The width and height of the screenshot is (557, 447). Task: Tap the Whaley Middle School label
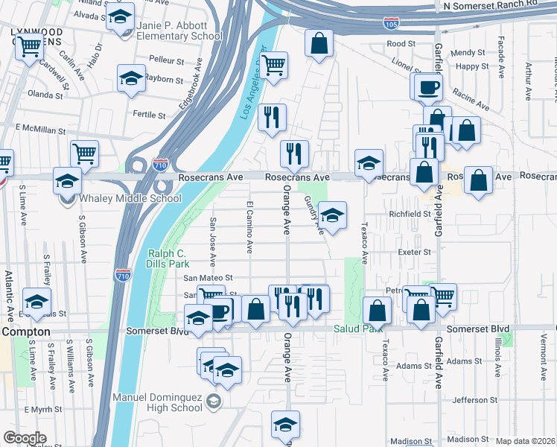pyautogui.click(x=130, y=198)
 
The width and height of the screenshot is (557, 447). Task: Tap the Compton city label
pyautogui.click(x=25, y=331)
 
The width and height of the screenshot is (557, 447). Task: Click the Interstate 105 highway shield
pyautogui.click(x=391, y=24)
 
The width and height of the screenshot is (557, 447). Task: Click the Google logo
pyautogui.click(x=25, y=437)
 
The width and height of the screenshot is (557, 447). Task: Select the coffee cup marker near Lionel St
pyautogui.click(x=428, y=87)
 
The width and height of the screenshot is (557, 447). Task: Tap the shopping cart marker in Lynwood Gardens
pyautogui.click(x=29, y=47)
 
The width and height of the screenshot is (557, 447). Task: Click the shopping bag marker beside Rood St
pyautogui.click(x=319, y=42)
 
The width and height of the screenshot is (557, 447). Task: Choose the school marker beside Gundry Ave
pyautogui.click(x=332, y=215)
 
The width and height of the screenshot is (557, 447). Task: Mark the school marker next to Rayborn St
pyautogui.click(x=130, y=77)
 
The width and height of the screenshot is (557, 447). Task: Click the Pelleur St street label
pyautogui.click(x=166, y=58)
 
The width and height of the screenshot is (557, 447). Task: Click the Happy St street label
pyautogui.click(x=471, y=66)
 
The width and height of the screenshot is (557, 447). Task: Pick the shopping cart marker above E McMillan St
pyautogui.click(x=84, y=153)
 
